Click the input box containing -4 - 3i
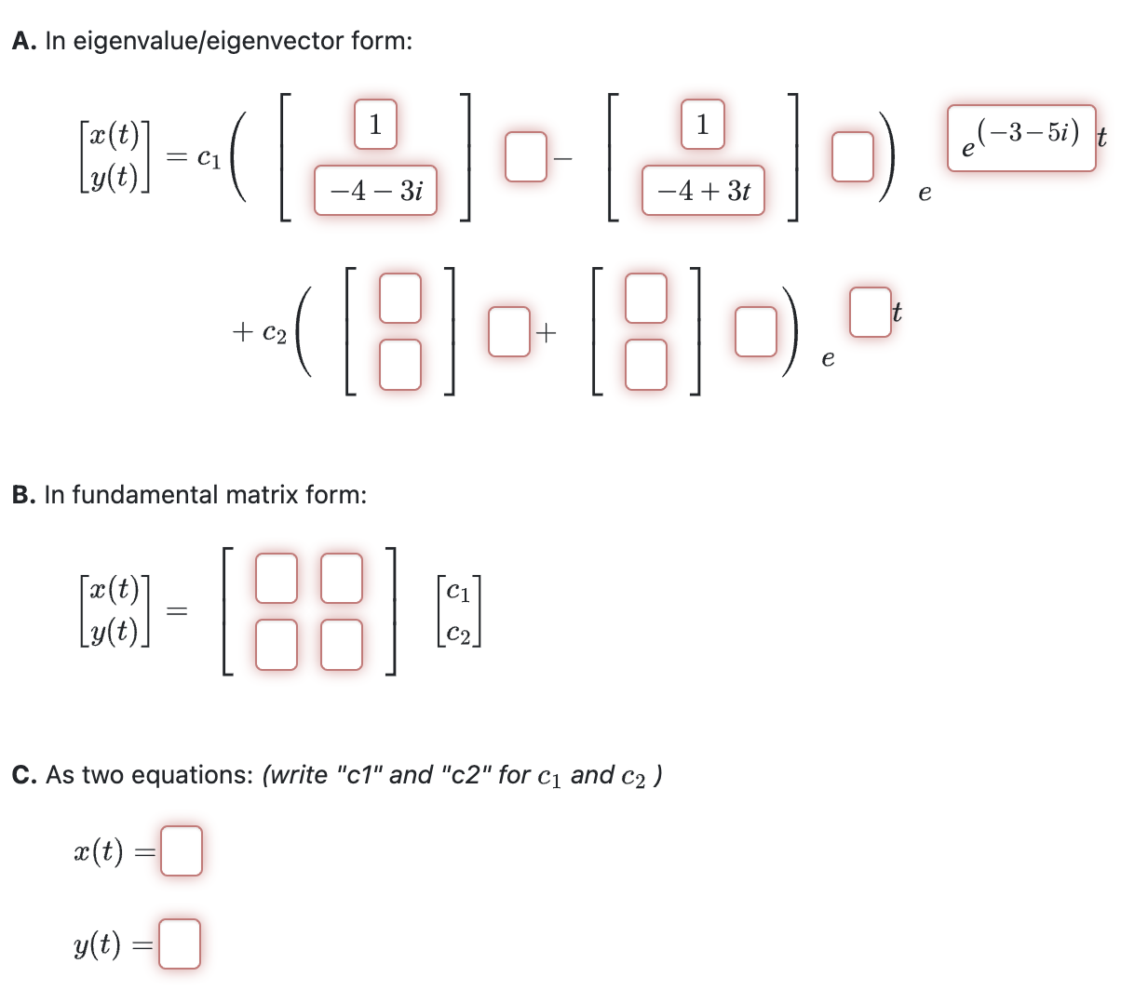pos(375,192)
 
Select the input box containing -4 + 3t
pos(703,192)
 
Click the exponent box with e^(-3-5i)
pos(1021,139)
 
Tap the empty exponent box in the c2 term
pos(870,313)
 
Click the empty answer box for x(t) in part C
pos(181,851)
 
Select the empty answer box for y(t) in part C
pos(180,943)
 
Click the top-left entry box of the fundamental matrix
pos(277,577)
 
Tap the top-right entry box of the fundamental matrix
pos(342,577)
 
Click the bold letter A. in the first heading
pos(25,42)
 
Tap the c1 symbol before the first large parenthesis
pos(210,159)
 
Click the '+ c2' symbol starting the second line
pos(260,331)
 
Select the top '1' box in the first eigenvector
pos(375,125)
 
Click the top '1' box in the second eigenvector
pos(703,125)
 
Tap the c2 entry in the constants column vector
pos(458,634)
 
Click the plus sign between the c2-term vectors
pos(547,331)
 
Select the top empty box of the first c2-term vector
pos(400,296)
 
